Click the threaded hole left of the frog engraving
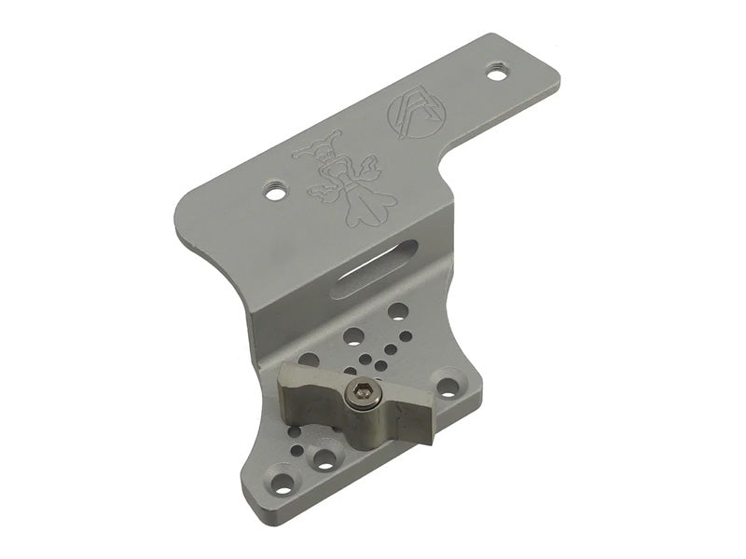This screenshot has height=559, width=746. click(273, 192)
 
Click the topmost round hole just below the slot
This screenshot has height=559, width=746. click(398, 310)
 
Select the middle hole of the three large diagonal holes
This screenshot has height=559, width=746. click(354, 334)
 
